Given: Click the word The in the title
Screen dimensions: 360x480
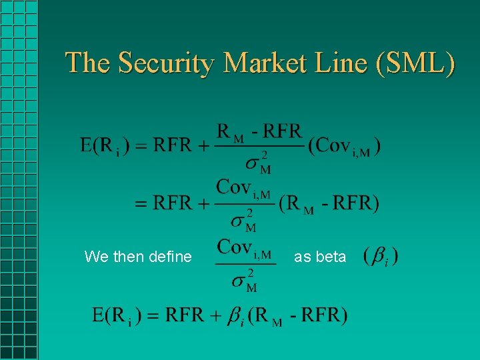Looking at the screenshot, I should point(89,63).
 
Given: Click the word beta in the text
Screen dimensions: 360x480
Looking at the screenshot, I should point(331,257).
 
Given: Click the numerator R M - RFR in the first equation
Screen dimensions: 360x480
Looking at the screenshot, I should point(258,131).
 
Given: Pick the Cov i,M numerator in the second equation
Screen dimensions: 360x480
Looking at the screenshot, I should point(243,188).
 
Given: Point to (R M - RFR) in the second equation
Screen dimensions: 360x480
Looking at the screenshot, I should point(329,203).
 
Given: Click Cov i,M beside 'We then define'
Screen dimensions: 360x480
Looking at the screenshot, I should point(244,248).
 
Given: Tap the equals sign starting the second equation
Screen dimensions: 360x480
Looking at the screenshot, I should point(141,203).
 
